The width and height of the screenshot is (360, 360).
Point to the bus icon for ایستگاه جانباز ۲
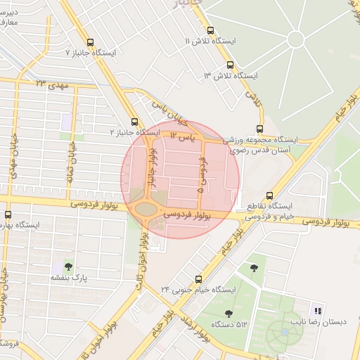coord(134,121)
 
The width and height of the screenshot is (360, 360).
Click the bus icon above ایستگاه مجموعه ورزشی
coord(260,129)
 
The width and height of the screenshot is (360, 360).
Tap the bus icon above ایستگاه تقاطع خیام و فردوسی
coord(270,196)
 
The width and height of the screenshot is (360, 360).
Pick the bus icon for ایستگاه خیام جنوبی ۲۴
coord(198,279)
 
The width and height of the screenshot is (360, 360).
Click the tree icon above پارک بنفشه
coord(68,266)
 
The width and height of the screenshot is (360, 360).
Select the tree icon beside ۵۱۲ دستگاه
coord(229,314)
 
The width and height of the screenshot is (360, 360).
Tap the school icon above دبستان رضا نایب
coord(318,310)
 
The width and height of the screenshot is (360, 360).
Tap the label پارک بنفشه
coord(68,278)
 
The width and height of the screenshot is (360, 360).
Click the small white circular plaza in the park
coord(296,39)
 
